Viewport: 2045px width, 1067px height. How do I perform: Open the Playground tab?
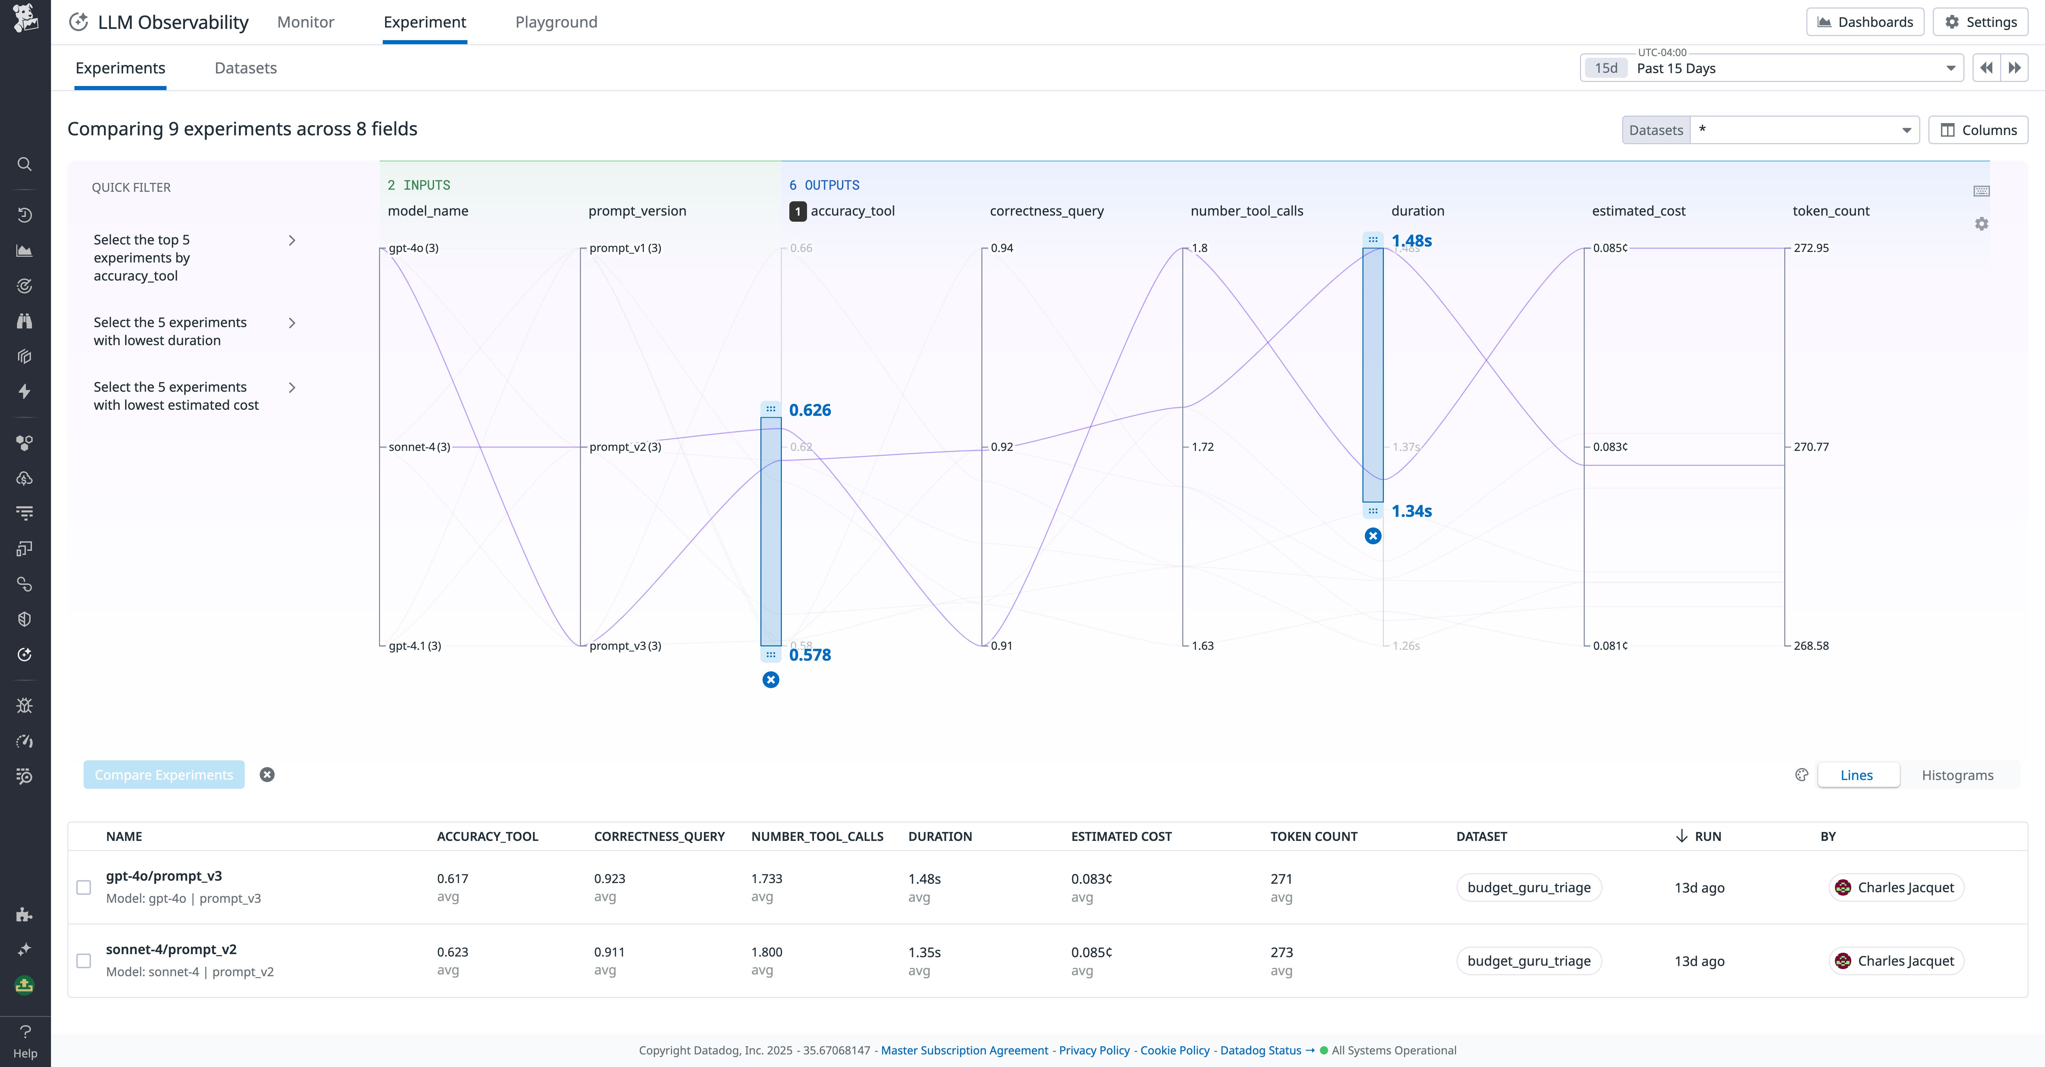click(x=556, y=22)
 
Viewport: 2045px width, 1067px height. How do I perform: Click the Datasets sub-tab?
click(x=245, y=68)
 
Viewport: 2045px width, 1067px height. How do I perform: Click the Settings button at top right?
click(x=1981, y=22)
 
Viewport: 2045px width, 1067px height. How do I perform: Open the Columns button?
click(x=1978, y=130)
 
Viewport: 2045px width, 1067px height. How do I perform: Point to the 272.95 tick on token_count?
click(x=1811, y=248)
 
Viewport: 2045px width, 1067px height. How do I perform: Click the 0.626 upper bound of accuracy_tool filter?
click(x=809, y=410)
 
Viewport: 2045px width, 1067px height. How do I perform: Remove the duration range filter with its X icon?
click(x=1373, y=536)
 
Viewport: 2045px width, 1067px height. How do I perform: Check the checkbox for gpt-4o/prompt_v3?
click(x=83, y=887)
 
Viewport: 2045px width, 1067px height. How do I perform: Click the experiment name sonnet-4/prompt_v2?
click(x=171, y=949)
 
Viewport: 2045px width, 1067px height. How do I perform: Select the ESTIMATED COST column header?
click(x=1121, y=837)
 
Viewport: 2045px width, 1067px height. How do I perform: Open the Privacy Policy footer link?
click(x=1094, y=1050)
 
